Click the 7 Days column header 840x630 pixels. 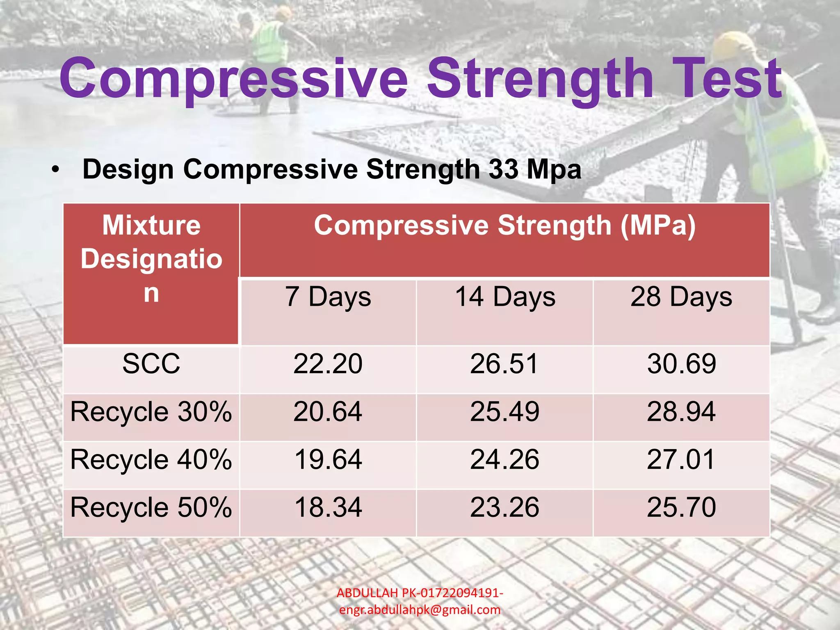[328, 297]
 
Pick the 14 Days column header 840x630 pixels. [505, 297]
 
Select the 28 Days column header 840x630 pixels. [681, 297]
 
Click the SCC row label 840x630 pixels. [151, 364]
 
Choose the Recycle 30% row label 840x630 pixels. [151, 412]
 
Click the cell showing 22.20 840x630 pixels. [328, 364]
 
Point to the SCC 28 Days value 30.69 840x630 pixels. [681, 364]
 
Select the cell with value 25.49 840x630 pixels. [505, 412]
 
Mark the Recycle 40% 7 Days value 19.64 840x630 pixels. [328, 459]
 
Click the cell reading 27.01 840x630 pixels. [681, 459]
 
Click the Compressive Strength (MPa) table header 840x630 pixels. [505, 226]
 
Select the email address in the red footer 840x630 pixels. [420, 610]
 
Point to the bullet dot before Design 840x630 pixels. [56, 169]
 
